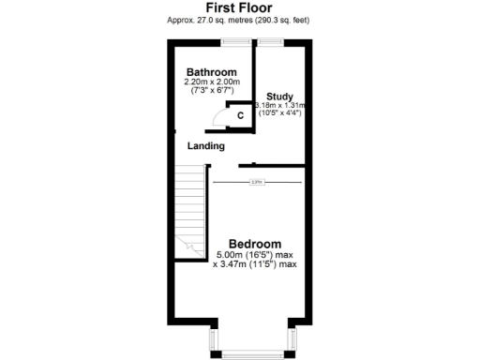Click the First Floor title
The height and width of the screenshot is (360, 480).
tap(239, 7)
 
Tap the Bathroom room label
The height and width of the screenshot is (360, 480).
tap(211, 72)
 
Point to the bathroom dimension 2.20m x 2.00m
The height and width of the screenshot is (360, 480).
tap(211, 82)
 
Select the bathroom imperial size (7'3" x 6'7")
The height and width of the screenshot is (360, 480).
tap(211, 92)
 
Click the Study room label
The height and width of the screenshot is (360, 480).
tap(280, 97)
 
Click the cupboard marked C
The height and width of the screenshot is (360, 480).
tap(240, 115)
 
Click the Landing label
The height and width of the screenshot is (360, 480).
tap(205, 146)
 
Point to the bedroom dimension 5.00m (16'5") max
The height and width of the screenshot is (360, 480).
tap(255, 255)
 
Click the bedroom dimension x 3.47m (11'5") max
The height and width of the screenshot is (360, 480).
tap(255, 264)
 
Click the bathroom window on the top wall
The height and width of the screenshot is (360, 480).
tap(235, 41)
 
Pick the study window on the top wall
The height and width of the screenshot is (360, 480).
tap(272, 41)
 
